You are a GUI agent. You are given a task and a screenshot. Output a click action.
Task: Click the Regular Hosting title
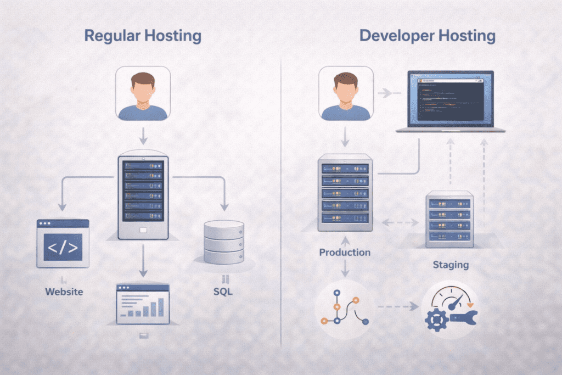(142, 37)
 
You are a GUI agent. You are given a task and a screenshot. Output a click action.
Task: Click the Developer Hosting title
(427, 37)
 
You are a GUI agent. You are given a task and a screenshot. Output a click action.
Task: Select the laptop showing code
(450, 102)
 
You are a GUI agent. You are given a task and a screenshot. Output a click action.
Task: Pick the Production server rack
(345, 192)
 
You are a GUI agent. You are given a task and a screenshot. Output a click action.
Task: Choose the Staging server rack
(449, 219)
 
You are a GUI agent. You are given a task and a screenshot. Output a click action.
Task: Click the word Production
(345, 253)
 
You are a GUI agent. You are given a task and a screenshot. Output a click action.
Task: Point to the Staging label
(450, 265)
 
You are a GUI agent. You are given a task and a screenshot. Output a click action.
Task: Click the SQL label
(223, 291)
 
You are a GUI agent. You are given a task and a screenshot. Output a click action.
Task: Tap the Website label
(64, 291)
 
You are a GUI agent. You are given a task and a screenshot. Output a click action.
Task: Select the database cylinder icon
(223, 242)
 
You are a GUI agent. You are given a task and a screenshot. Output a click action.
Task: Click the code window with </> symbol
(63, 243)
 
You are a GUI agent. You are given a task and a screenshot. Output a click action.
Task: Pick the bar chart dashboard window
(143, 303)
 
